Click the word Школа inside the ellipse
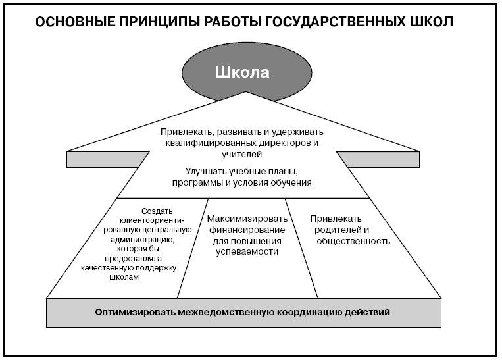click(242, 72)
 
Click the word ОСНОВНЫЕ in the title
click(74, 22)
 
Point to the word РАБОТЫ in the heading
click(228, 22)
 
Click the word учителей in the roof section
click(241, 155)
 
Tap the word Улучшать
click(205, 172)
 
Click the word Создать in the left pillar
click(157, 211)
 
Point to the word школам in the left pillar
click(124, 277)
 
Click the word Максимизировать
click(247, 219)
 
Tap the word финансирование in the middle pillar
click(247, 230)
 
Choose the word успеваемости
click(247, 252)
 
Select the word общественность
click(353, 241)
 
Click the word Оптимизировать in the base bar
click(135, 312)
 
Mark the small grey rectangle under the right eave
click(380, 159)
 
